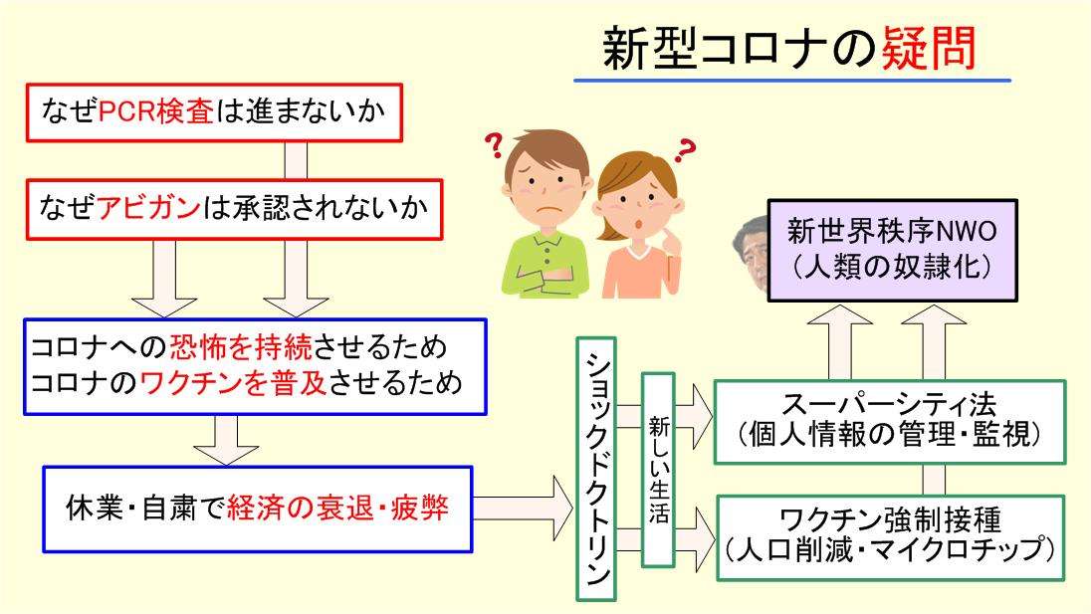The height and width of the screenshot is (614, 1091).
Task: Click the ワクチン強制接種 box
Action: pos(890,536)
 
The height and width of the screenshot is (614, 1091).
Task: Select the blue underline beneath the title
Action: pos(791,80)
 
